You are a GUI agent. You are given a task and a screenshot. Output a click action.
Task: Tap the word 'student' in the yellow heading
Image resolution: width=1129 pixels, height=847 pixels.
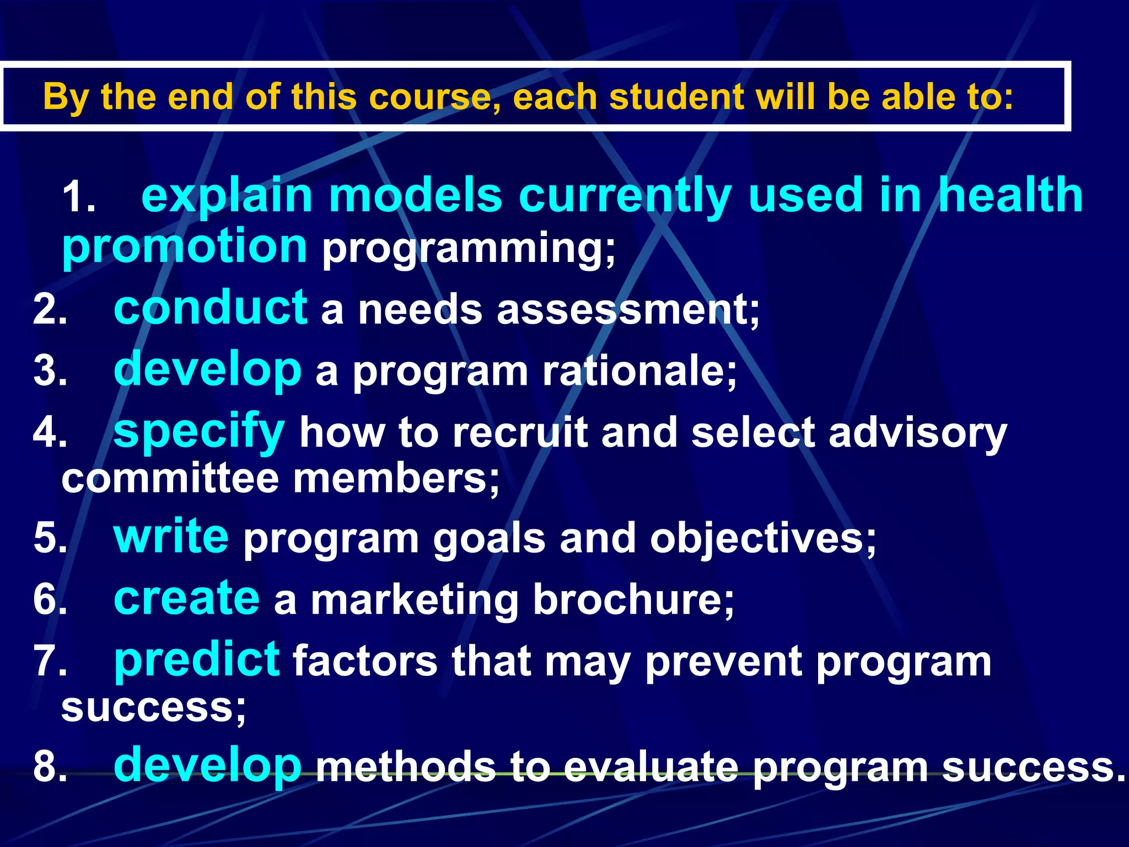(676, 97)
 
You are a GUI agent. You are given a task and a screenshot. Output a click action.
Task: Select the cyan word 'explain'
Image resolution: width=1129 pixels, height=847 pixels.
(227, 196)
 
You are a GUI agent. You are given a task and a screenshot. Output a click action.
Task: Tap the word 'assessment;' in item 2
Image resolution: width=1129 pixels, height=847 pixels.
(628, 310)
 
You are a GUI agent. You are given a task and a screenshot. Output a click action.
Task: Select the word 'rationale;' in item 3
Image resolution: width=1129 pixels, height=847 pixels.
(639, 371)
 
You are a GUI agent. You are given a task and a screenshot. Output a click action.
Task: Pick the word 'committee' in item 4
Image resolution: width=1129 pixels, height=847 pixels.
(170, 479)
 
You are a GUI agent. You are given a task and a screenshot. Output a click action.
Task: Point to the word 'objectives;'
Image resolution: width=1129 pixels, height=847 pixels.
(763, 539)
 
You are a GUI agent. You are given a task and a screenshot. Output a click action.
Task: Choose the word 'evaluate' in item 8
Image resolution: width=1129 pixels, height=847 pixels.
(651, 767)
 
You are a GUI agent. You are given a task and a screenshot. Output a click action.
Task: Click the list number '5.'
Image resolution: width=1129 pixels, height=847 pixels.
(50, 538)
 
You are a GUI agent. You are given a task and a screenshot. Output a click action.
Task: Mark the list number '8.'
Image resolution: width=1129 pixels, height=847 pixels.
(50, 767)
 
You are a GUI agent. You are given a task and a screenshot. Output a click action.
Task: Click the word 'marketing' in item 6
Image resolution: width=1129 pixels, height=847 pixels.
(415, 601)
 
